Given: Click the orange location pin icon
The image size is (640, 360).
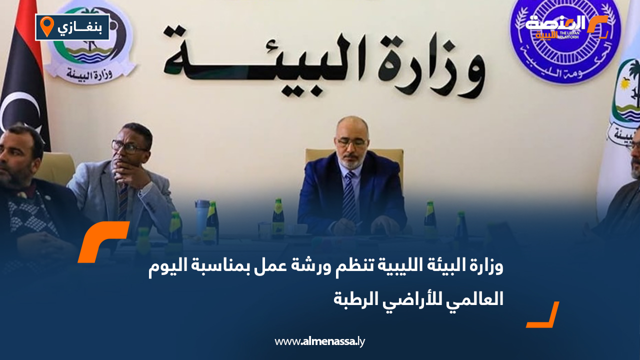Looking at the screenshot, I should tap(46, 26).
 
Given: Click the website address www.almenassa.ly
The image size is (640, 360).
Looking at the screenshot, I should tap(320, 342).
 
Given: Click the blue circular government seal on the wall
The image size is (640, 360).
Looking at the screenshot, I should tap(565, 40).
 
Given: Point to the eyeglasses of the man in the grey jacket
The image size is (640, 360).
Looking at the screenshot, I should tap(128, 146).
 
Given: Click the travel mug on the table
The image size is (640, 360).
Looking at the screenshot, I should tap(202, 217).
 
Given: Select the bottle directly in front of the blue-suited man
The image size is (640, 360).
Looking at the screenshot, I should tap(278, 220).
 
